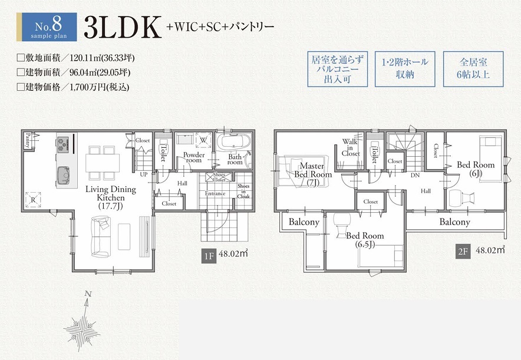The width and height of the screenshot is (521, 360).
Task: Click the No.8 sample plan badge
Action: click(x=47, y=27)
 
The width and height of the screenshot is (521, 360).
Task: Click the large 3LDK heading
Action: click(x=122, y=27)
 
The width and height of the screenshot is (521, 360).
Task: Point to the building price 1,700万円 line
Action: click(x=73, y=87)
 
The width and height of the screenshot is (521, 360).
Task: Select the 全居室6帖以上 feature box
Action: click(x=473, y=69)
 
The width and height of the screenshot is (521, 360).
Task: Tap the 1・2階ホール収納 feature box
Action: click(x=405, y=69)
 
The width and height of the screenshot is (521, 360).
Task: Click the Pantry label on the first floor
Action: click(x=28, y=140)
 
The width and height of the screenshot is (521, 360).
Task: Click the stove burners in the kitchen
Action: click(x=62, y=144)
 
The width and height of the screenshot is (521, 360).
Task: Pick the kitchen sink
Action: click(x=63, y=176)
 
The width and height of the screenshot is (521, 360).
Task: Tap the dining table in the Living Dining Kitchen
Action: click(x=103, y=163)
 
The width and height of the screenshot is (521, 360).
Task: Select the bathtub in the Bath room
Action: click(x=234, y=143)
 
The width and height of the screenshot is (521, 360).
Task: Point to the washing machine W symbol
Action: click(x=203, y=140)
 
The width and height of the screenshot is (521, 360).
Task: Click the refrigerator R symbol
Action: click(x=33, y=200)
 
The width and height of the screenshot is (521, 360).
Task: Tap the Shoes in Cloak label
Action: click(x=243, y=191)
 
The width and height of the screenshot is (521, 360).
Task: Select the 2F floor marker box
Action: click(x=463, y=252)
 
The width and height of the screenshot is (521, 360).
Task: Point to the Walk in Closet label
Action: click(x=351, y=147)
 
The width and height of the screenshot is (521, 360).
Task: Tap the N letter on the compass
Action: click(x=88, y=293)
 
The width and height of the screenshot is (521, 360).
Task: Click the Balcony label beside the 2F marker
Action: click(x=454, y=222)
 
